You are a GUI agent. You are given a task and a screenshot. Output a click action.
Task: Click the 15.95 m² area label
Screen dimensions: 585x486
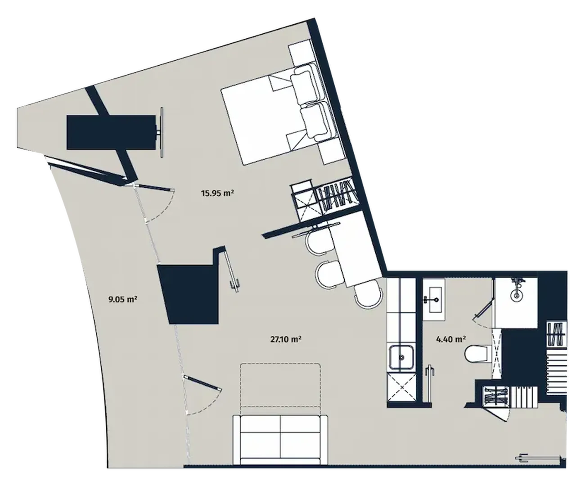point(217,193)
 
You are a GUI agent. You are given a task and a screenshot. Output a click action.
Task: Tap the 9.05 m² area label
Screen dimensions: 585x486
point(122,299)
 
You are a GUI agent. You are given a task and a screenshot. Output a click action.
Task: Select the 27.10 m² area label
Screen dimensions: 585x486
point(286,339)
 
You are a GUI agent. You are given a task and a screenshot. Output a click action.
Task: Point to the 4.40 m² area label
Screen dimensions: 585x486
point(451,339)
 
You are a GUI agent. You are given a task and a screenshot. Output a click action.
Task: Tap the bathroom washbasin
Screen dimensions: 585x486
point(433,300)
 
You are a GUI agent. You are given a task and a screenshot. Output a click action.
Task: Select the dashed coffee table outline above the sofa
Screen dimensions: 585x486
point(280,388)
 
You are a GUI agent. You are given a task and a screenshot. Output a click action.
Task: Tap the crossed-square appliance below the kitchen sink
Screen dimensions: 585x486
point(401,387)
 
